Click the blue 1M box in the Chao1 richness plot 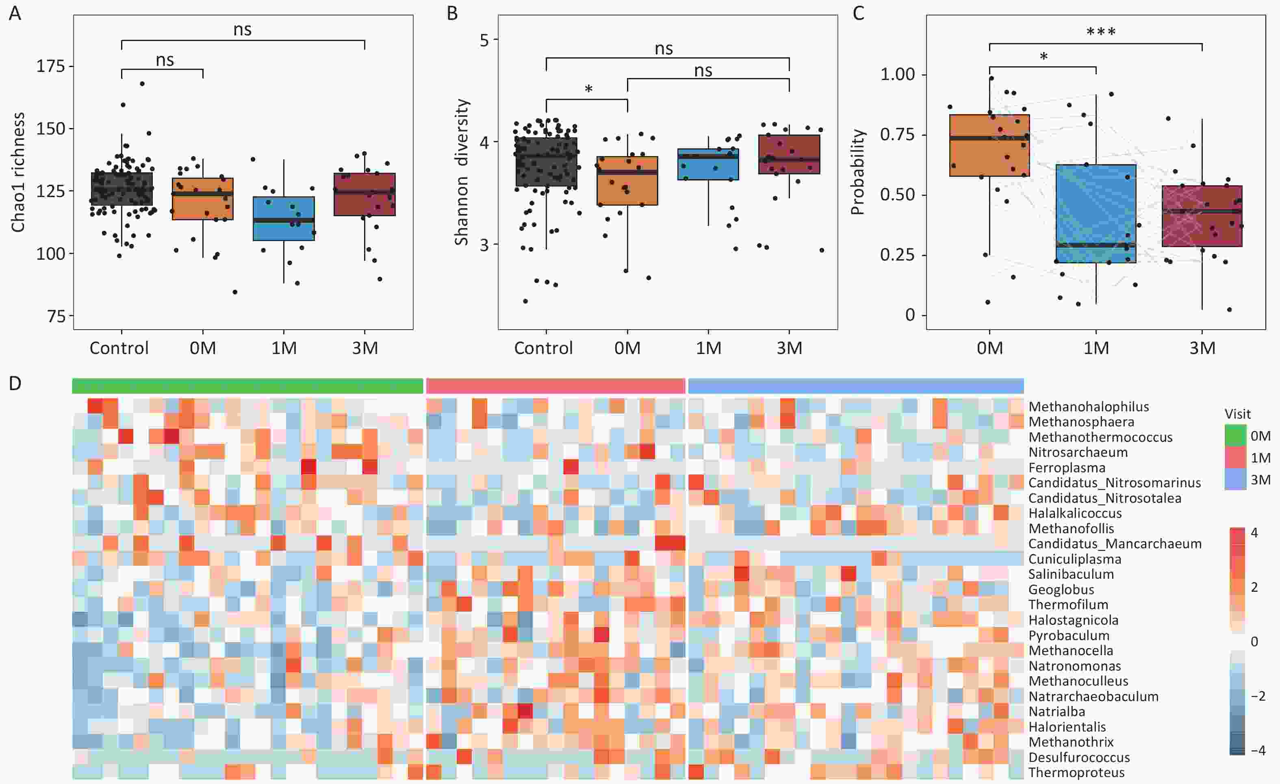(x=284, y=218)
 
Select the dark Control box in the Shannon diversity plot (x=546, y=162)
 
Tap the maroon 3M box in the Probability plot (x=1202, y=216)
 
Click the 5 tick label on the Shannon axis (x=485, y=39)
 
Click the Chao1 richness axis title (x=18, y=172)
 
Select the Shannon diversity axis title (x=461, y=172)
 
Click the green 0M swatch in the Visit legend (x=1235, y=435)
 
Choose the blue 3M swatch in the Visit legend (x=1235, y=479)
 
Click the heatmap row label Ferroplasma (x=1067, y=467)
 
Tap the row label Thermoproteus (x=1076, y=773)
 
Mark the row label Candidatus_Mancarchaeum (x=1115, y=543)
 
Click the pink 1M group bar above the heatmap (x=555, y=386)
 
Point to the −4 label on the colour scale (x=1258, y=750)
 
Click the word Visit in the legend (x=1237, y=414)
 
